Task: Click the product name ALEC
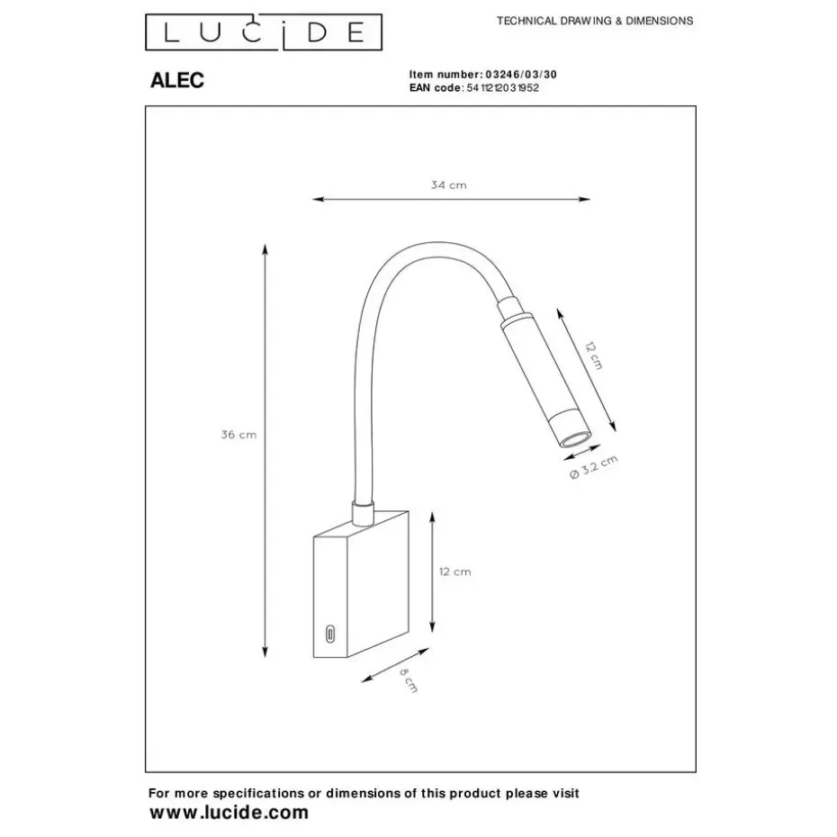click(x=175, y=81)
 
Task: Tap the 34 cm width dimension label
click(x=449, y=185)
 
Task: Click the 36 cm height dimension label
click(x=239, y=435)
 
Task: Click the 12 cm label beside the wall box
click(x=454, y=571)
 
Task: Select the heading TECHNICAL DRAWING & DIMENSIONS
click(x=595, y=21)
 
